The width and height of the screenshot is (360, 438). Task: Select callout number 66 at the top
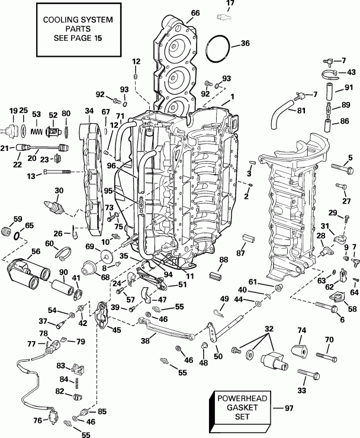pos(195,12)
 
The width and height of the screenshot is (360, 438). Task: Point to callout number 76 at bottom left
pos(38,421)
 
